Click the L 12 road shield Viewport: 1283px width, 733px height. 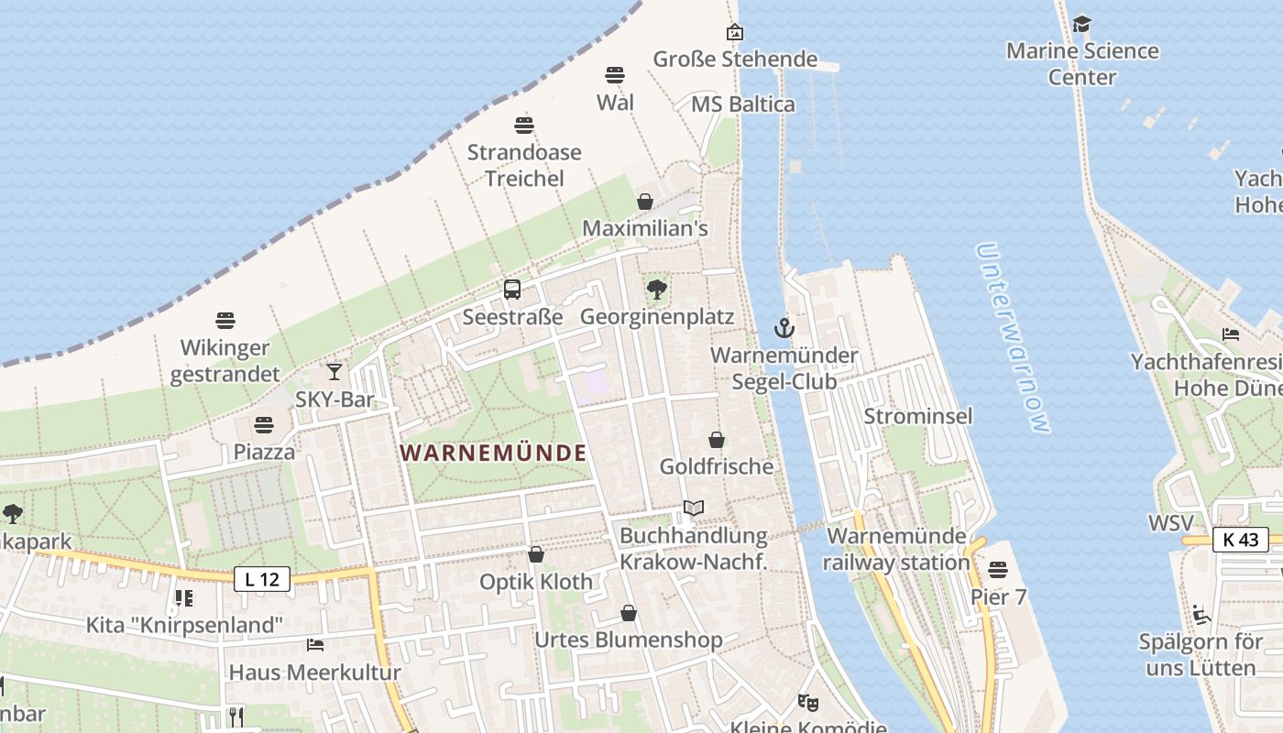click(x=262, y=579)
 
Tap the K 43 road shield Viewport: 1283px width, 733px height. click(x=1241, y=540)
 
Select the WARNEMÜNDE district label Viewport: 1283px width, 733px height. click(x=493, y=453)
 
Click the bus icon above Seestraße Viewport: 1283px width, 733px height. click(x=512, y=290)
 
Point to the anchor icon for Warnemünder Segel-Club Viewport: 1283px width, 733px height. click(x=784, y=327)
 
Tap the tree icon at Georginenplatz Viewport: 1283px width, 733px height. click(x=656, y=290)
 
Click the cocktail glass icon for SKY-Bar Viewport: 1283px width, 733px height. click(x=334, y=371)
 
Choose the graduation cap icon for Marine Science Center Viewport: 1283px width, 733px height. click(x=1082, y=24)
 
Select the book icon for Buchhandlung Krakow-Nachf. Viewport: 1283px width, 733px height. click(x=694, y=508)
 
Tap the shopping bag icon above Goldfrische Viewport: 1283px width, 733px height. click(x=717, y=440)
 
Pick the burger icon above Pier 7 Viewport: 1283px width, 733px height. click(x=998, y=570)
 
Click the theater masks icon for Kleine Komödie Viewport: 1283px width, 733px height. click(x=807, y=703)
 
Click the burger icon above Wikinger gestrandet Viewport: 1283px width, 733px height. click(x=225, y=321)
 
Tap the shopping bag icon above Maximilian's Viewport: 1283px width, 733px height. click(x=645, y=202)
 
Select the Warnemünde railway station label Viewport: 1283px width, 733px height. click(x=896, y=549)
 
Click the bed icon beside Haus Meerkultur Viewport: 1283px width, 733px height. click(x=315, y=645)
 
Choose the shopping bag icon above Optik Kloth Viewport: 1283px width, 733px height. click(x=536, y=554)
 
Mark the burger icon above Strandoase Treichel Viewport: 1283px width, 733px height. click(x=524, y=125)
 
